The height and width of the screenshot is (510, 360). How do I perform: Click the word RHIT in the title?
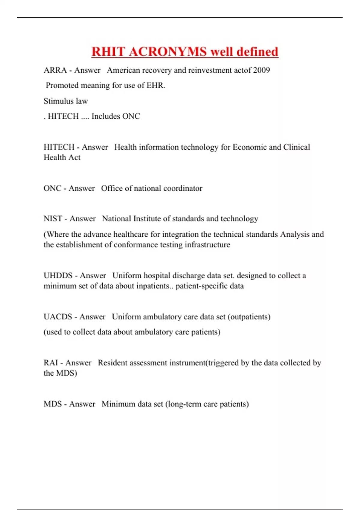(109, 52)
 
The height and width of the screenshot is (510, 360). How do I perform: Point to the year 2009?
(261, 70)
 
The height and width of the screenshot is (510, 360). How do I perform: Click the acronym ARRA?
(55, 70)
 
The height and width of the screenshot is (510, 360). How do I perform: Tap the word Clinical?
(296, 147)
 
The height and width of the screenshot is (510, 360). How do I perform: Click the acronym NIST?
(53, 219)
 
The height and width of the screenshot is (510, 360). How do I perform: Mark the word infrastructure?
(207, 245)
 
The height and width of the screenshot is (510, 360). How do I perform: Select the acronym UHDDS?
(58, 276)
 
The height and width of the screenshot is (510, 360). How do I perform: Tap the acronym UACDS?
(58, 317)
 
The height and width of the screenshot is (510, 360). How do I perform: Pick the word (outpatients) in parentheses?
(249, 317)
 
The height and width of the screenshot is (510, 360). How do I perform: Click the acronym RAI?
(51, 363)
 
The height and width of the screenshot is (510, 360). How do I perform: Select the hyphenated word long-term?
(183, 404)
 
